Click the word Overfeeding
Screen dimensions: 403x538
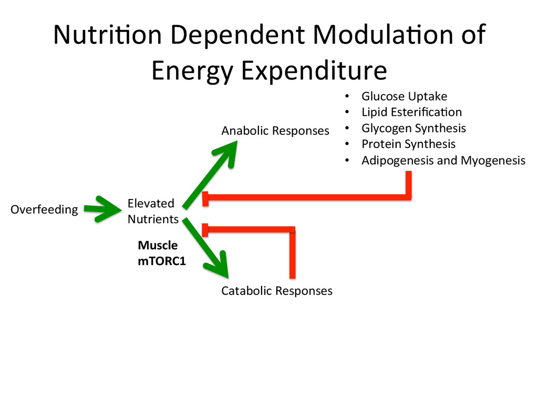tap(44, 210)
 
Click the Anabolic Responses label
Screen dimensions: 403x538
tap(275, 131)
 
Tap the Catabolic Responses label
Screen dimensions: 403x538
tap(276, 291)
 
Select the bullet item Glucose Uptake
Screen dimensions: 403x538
tap(404, 97)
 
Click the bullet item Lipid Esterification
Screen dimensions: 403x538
tap(411, 112)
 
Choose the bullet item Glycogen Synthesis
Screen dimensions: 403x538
tap(413, 129)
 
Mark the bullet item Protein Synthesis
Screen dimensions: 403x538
tap(408, 144)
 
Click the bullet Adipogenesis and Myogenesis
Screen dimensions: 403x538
tap(443, 161)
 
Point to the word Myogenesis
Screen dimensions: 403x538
tap(493, 161)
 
